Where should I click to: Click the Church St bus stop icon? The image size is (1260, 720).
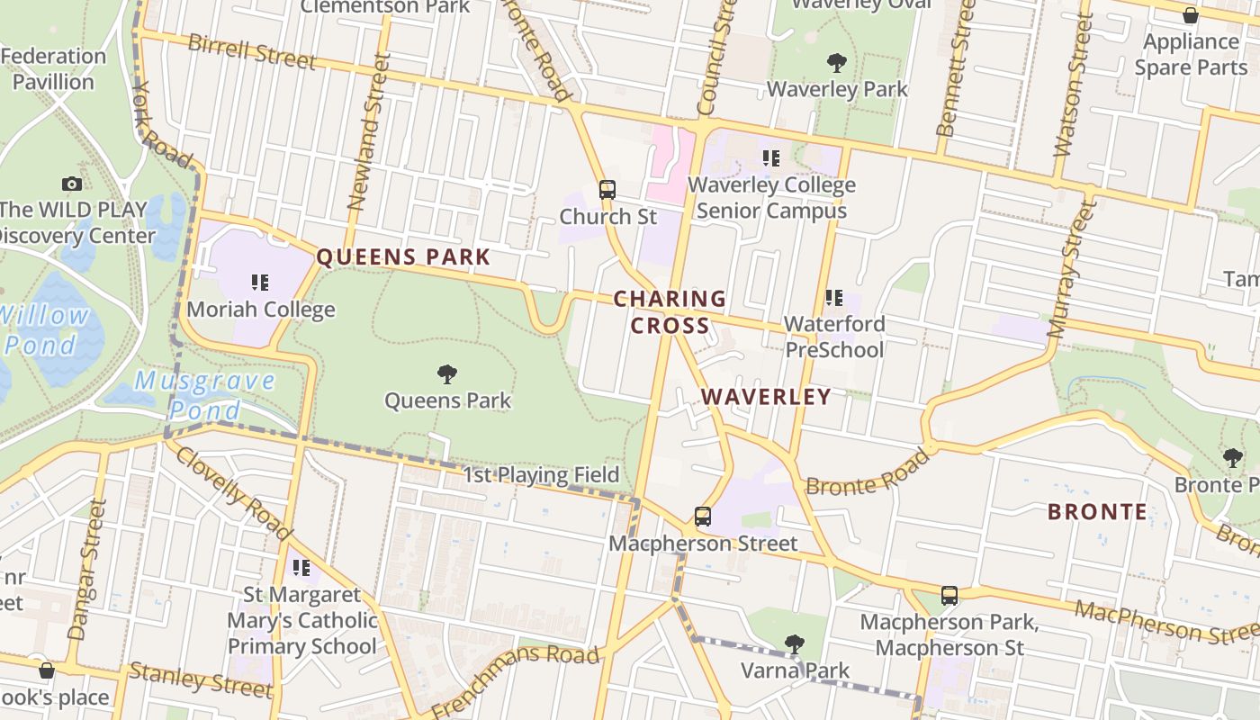607,190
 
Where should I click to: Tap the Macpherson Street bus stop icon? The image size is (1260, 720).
703,517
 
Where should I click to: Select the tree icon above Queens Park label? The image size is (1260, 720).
447,374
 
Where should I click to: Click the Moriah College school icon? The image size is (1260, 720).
260,283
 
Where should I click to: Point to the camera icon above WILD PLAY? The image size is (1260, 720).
72,184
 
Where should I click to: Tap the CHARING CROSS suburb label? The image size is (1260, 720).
670,311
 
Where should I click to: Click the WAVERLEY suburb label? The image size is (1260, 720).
766,397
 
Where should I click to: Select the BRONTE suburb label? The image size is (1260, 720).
1097,512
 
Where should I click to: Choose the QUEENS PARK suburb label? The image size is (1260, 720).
403,257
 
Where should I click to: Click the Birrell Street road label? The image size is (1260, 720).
252,52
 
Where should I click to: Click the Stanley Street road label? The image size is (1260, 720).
201,679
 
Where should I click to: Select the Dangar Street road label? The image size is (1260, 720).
87,569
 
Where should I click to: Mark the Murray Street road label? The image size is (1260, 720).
1069,270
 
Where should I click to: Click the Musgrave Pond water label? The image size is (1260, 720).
205,394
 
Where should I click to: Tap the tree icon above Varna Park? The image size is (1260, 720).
794,643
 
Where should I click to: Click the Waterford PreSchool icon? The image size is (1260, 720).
834,297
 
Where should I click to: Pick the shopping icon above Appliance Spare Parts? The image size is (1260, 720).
1190,16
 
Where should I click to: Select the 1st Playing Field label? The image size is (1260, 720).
541,475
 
